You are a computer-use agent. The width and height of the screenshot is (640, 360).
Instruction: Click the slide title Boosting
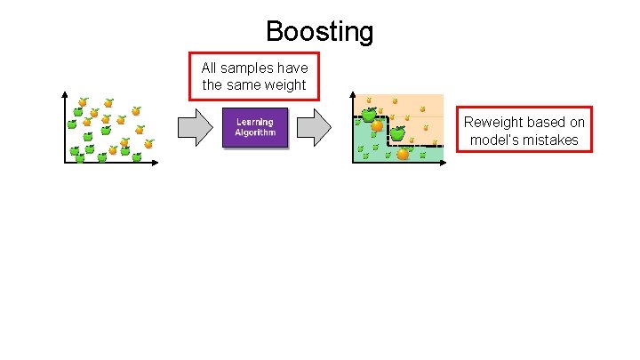(x=319, y=32)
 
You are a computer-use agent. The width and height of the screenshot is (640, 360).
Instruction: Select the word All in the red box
(x=209, y=68)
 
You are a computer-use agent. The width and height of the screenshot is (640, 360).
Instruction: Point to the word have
(x=292, y=68)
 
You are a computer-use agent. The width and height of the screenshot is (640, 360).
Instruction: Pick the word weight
(x=285, y=85)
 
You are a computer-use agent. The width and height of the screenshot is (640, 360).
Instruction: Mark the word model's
(x=493, y=140)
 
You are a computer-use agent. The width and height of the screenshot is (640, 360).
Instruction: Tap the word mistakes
(x=550, y=140)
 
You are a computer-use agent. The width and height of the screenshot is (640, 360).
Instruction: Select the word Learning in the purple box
(x=255, y=122)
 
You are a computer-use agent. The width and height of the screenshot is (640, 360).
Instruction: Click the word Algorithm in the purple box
(x=255, y=133)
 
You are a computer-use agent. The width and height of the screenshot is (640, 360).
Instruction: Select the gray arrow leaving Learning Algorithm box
(x=314, y=129)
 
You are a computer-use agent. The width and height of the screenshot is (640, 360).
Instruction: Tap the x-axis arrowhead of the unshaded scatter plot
(x=156, y=163)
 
